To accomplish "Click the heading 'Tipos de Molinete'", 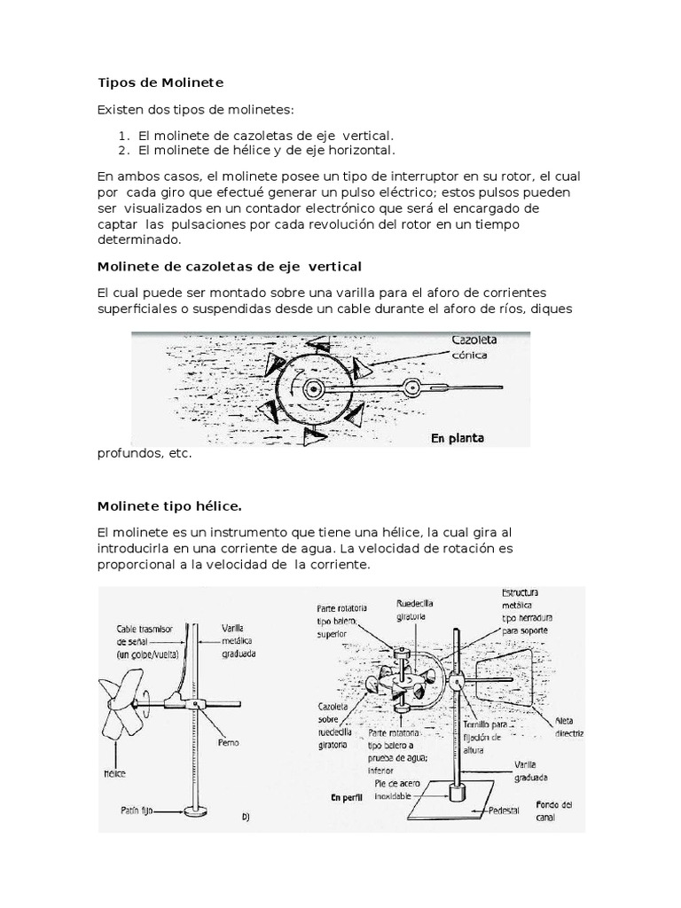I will tap(160, 82).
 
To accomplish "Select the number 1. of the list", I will tap(123, 135).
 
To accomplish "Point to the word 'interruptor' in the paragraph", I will tap(419, 176).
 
